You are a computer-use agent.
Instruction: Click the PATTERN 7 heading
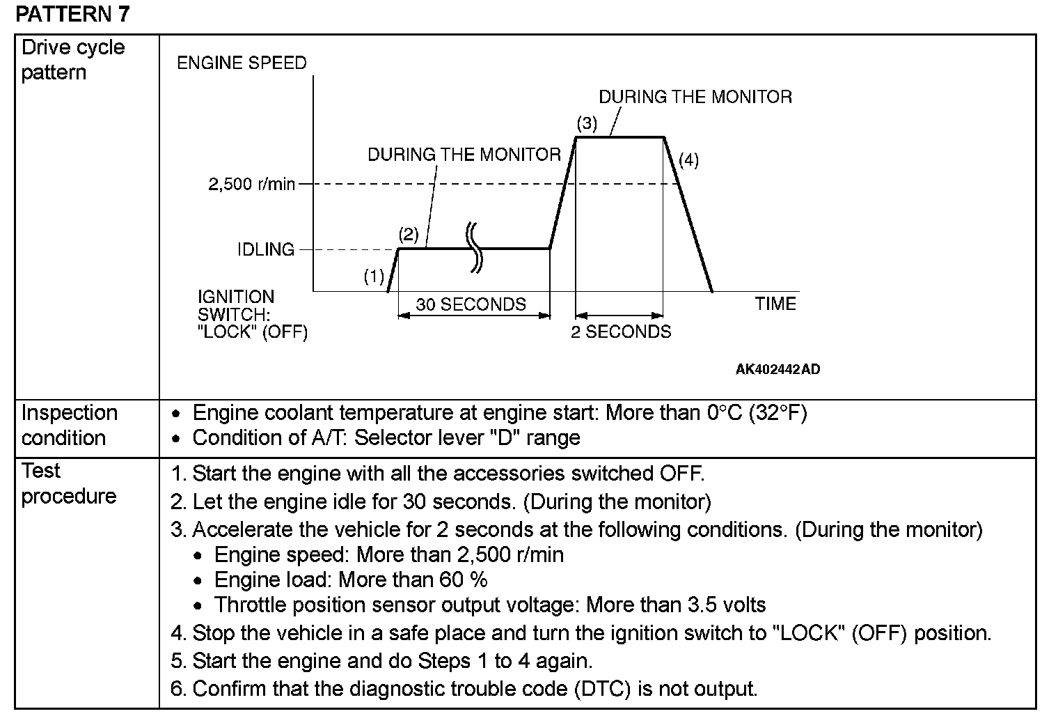point(72,13)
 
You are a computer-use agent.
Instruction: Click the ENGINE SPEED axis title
point(242,63)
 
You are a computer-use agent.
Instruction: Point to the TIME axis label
point(775,304)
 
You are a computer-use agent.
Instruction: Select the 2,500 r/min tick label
point(251,185)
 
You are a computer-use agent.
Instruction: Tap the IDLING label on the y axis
point(265,249)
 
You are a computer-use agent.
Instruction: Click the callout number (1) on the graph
point(374,277)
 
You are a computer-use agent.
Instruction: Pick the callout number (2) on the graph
point(409,233)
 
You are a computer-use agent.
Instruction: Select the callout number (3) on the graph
point(587,123)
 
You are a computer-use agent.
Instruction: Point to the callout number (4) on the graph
point(688,160)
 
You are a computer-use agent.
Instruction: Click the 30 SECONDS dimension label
point(471,304)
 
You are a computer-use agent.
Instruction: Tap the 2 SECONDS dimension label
point(621,332)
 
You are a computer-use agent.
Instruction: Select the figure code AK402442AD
point(777,369)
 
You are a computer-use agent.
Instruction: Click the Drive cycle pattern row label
point(73,60)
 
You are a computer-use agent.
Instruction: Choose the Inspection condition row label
point(69,425)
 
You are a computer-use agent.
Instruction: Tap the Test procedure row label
point(68,483)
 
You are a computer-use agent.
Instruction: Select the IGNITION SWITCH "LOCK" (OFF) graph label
point(252,314)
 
